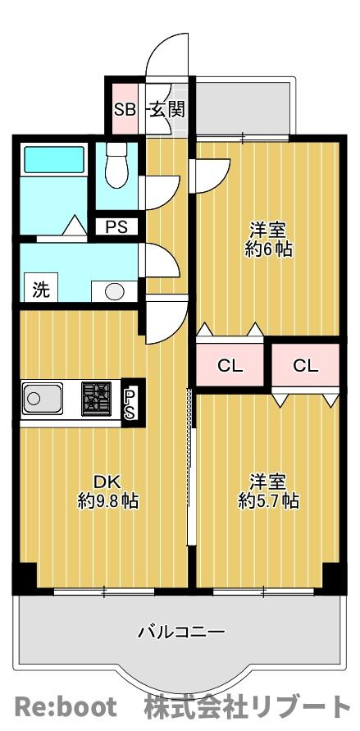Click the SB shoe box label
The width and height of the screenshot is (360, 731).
[x=125, y=110]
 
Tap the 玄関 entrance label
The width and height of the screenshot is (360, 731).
[x=167, y=110]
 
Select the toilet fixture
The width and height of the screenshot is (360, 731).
[x=116, y=165]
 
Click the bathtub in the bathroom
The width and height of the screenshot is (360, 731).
[x=54, y=160]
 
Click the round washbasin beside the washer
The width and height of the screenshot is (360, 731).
[x=115, y=292]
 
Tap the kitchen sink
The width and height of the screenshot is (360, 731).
[x=43, y=398]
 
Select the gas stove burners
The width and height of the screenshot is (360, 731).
[x=97, y=399]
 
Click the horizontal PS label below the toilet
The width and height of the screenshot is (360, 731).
[x=116, y=227]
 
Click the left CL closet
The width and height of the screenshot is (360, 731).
[x=230, y=366]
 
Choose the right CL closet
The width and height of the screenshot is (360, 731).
[x=306, y=366]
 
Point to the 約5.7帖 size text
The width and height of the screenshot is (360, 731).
[x=268, y=500]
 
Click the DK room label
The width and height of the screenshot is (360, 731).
[x=107, y=481]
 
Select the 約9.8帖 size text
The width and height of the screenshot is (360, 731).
[x=107, y=501]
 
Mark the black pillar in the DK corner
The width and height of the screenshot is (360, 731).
[x=27, y=577]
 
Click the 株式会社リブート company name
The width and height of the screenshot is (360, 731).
[x=247, y=706]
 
